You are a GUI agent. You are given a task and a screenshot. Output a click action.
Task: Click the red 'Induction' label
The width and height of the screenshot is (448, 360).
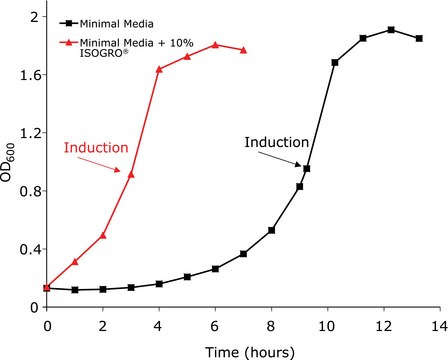[x=96, y=148]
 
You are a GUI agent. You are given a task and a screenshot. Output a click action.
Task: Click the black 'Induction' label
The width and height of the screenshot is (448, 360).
[x=277, y=143]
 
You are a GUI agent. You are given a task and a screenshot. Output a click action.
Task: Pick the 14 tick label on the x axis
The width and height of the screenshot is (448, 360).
[x=440, y=326]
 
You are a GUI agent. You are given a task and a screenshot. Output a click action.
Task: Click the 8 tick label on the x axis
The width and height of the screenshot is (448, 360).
[x=271, y=326]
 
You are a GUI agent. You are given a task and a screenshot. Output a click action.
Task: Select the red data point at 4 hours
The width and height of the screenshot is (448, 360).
[x=160, y=69]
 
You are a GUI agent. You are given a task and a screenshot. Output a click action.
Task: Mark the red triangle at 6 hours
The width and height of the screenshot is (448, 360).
[x=216, y=44]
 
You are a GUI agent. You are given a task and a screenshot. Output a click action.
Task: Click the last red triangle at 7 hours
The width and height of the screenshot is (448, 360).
[x=244, y=50]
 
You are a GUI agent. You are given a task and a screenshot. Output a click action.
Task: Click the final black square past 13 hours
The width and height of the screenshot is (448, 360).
[x=419, y=38]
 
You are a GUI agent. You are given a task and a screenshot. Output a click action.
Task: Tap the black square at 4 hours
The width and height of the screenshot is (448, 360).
[x=160, y=284]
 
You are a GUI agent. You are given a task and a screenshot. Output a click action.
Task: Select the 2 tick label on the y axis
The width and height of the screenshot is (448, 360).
[x=34, y=17]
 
